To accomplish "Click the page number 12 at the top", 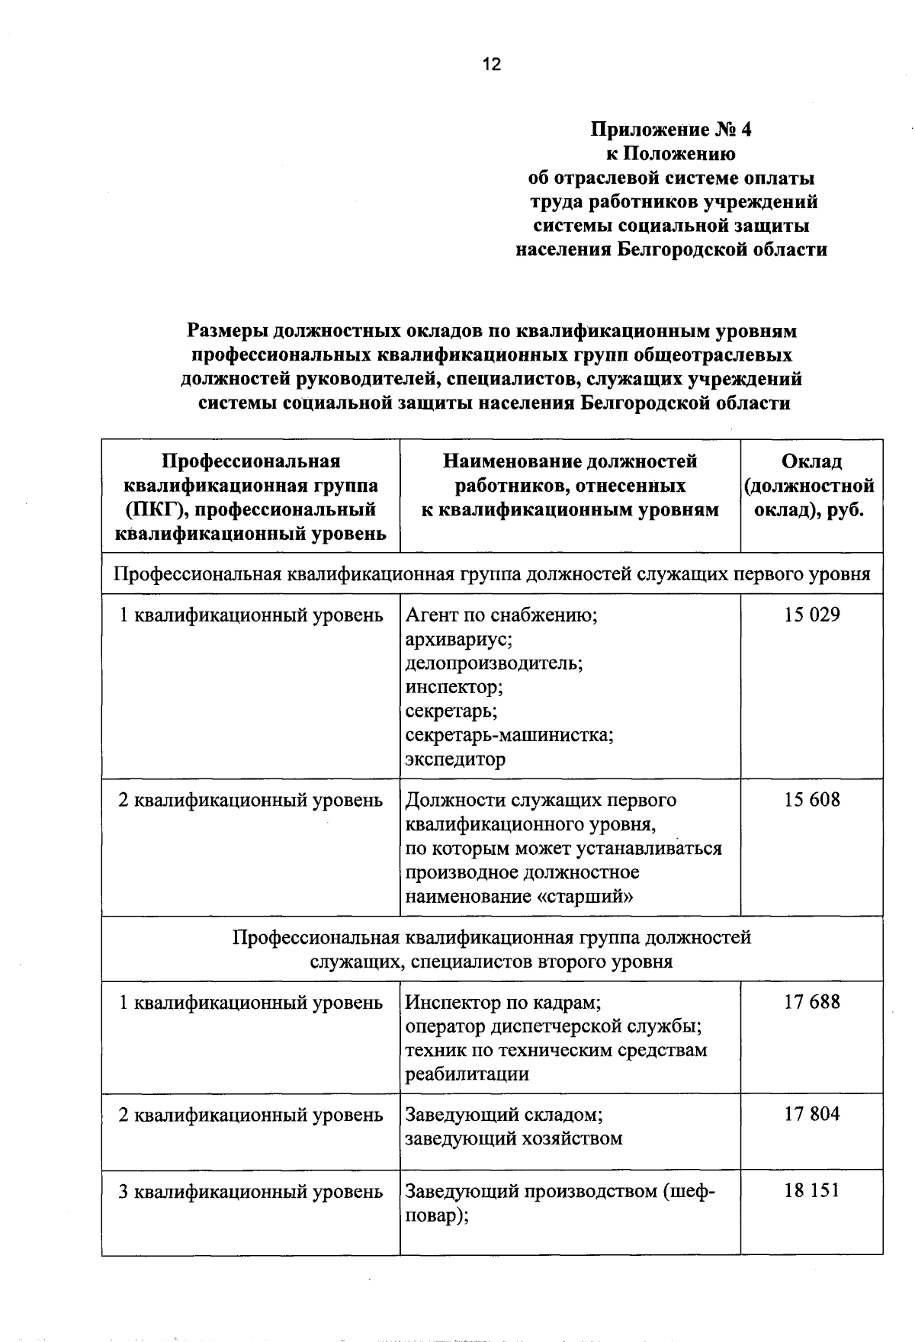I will coord(492,65).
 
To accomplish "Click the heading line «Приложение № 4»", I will coord(671,130).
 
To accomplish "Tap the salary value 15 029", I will coord(812,615).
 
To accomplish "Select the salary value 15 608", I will coord(812,800).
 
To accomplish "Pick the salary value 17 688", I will coord(812,1002).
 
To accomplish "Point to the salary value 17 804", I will coord(812,1114).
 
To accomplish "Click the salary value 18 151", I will coord(812,1190).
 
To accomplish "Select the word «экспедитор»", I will coord(455,759).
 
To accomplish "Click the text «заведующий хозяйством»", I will coord(514,1138).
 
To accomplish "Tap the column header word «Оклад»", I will coord(811,462).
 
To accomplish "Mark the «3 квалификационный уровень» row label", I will coord(250,1191).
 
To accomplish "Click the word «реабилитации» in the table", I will coord(467,1074).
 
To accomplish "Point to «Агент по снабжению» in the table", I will coord(500,615).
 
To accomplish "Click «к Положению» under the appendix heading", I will coord(671,154).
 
